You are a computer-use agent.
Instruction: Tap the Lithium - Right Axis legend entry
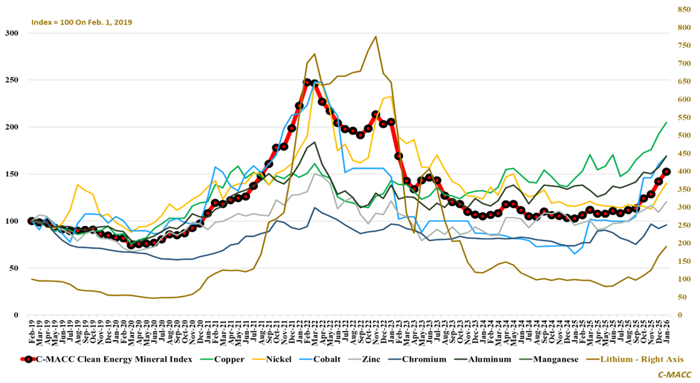click(639, 359)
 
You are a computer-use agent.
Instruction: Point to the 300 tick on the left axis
click(11, 33)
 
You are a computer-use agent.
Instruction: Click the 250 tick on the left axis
click(11, 80)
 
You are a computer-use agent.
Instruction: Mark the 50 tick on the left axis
click(13, 268)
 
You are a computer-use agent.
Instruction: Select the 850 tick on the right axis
click(684, 10)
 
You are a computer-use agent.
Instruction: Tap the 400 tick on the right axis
click(684, 171)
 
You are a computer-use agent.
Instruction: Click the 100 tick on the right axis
click(684, 279)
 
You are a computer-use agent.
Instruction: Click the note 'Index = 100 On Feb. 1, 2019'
click(82, 22)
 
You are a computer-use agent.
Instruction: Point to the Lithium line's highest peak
click(376, 37)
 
